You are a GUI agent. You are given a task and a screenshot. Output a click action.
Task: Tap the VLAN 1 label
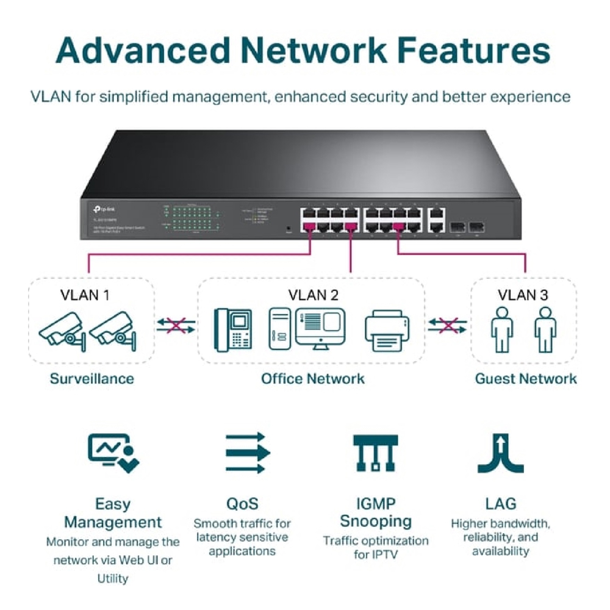click(x=85, y=295)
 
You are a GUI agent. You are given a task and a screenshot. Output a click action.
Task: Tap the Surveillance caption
click(x=91, y=379)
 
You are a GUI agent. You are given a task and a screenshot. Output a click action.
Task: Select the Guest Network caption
click(x=526, y=379)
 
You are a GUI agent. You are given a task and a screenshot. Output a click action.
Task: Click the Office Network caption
click(x=313, y=379)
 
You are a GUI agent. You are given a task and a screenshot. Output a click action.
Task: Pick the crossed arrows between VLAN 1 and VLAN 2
click(x=176, y=325)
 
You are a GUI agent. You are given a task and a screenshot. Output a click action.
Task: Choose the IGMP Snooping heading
click(x=376, y=512)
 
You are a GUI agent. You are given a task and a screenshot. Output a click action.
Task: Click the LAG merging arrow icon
click(x=500, y=454)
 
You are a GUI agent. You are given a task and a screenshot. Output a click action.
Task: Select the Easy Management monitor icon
click(x=113, y=453)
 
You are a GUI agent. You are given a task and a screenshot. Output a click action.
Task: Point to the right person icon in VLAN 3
click(x=545, y=330)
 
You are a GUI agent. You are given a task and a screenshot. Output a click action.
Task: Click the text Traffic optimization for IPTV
click(x=376, y=547)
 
